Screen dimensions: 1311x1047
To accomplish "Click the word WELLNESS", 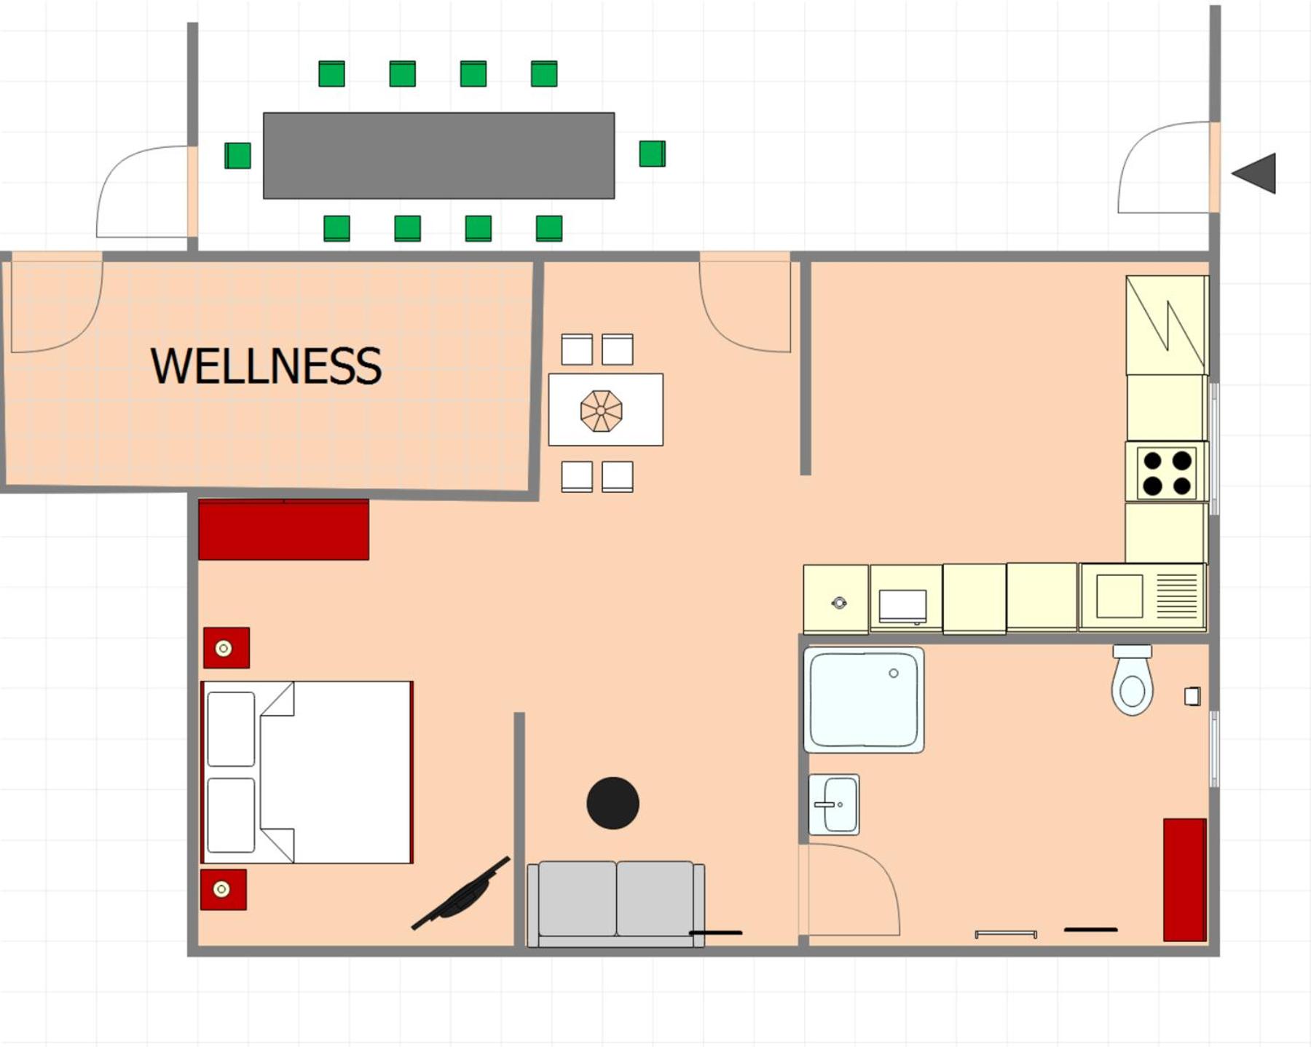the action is (x=266, y=366).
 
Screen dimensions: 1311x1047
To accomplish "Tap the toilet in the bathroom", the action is (x=1132, y=680).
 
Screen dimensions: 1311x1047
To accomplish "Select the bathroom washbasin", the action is (x=834, y=805).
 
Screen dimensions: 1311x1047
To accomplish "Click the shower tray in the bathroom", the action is (x=864, y=700).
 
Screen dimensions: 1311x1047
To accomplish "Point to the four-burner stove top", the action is (x=1167, y=472).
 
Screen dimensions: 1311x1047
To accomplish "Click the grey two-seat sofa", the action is (x=615, y=904).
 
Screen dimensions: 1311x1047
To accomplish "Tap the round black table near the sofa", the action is (x=613, y=803).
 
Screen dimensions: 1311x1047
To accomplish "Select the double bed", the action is (x=307, y=773).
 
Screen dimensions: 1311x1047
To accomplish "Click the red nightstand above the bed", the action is (x=227, y=648).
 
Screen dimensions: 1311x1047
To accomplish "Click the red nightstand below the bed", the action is (x=224, y=890).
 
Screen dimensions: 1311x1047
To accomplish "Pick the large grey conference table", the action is (x=438, y=155).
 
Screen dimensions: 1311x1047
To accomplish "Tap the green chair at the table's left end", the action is (x=237, y=155).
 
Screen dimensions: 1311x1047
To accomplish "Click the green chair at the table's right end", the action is (x=652, y=154).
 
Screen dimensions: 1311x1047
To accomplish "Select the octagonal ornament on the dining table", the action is (x=601, y=411).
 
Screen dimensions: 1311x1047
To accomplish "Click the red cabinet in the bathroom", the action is (x=1185, y=880).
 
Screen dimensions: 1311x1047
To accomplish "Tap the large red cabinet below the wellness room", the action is (x=283, y=529).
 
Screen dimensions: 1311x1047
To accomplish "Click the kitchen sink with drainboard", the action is (x=1143, y=597).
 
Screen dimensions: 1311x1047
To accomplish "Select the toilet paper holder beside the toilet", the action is (x=1192, y=696).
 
